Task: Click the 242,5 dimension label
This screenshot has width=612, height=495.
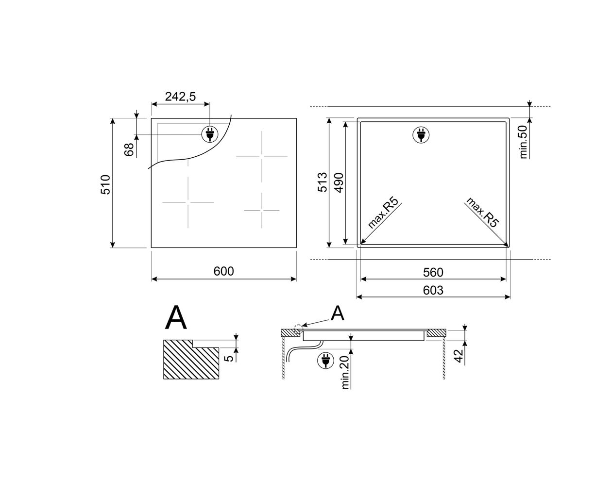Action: pyautogui.click(x=180, y=97)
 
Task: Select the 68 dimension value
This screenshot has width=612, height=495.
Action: pyautogui.click(x=129, y=149)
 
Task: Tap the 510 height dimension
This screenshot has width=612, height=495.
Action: pyautogui.click(x=105, y=184)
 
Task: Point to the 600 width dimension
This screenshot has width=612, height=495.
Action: pyautogui.click(x=223, y=271)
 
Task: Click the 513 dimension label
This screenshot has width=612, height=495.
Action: pyautogui.click(x=322, y=182)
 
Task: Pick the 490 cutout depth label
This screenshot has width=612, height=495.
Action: pyautogui.click(x=339, y=182)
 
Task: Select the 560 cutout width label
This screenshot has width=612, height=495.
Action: pyautogui.click(x=433, y=272)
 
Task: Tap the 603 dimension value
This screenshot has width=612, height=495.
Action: pyautogui.click(x=433, y=290)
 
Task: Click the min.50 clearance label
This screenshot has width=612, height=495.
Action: pyautogui.click(x=524, y=142)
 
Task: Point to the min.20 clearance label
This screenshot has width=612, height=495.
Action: pyautogui.click(x=345, y=372)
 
